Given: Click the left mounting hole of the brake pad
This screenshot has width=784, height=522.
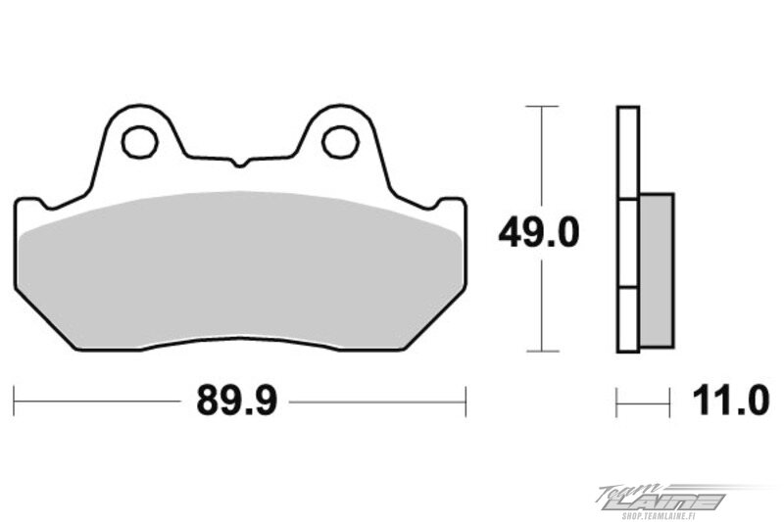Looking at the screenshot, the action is tap(140, 142).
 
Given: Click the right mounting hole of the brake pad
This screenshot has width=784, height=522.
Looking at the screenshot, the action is tap(341, 142).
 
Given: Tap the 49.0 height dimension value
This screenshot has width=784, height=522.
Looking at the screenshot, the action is tap(538, 233).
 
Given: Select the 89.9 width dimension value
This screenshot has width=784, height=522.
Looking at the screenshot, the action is tap(235, 401).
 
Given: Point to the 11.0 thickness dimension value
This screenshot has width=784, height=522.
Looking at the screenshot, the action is tap(730, 401).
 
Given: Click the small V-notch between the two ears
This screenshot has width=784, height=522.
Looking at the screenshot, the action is tap(240, 163).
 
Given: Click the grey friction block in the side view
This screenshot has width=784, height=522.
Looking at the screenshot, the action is tap(656, 270).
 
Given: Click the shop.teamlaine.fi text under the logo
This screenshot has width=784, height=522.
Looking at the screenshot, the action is tap(673, 513).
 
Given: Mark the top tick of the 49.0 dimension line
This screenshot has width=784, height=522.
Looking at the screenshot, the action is tap(542, 107).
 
